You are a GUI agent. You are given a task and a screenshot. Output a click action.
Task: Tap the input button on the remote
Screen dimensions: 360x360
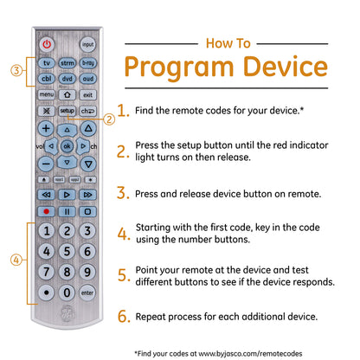(87, 44)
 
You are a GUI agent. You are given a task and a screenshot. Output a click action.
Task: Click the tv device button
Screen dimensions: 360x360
(47, 63)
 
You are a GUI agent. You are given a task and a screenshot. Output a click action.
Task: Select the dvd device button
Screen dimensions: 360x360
(67, 79)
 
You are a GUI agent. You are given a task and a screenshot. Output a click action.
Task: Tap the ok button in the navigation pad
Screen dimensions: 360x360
(67, 146)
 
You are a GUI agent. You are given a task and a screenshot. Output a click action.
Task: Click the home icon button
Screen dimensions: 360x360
(67, 94)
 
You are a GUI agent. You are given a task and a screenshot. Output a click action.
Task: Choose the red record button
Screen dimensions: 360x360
(46, 211)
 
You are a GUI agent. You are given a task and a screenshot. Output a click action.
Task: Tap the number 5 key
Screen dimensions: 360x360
(67, 251)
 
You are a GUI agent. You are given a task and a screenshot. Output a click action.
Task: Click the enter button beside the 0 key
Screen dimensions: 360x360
(87, 292)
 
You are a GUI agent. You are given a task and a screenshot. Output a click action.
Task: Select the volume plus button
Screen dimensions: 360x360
(46, 128)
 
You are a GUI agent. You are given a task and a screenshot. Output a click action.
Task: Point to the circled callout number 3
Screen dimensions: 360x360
(16, 70)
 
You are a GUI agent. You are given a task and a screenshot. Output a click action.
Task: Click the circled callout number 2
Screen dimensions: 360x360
(109, 119)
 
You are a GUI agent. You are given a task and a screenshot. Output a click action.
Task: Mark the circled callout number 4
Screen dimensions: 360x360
(16, 260)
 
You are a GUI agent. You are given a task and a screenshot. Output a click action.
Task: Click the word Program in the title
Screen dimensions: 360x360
(179, 67)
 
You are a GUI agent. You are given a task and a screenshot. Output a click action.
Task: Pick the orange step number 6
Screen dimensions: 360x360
(124, 316)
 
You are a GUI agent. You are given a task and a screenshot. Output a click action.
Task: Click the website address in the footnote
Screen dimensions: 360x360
(250, 354)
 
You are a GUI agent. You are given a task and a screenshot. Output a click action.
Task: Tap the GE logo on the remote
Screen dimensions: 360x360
(67, 314)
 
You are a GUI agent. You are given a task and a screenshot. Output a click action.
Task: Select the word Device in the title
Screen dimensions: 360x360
(286, 67)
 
